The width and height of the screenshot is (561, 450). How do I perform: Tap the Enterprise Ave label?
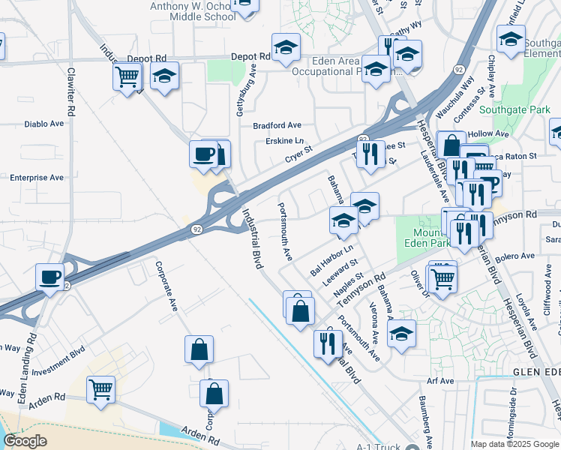click(36, 178)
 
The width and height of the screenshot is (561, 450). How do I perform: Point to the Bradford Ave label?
click(277, 125)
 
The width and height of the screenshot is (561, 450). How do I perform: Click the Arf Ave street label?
click(440, 381)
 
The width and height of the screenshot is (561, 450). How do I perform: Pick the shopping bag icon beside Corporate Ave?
click(199, 349)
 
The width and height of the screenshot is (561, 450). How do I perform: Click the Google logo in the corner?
click(24, 441)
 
